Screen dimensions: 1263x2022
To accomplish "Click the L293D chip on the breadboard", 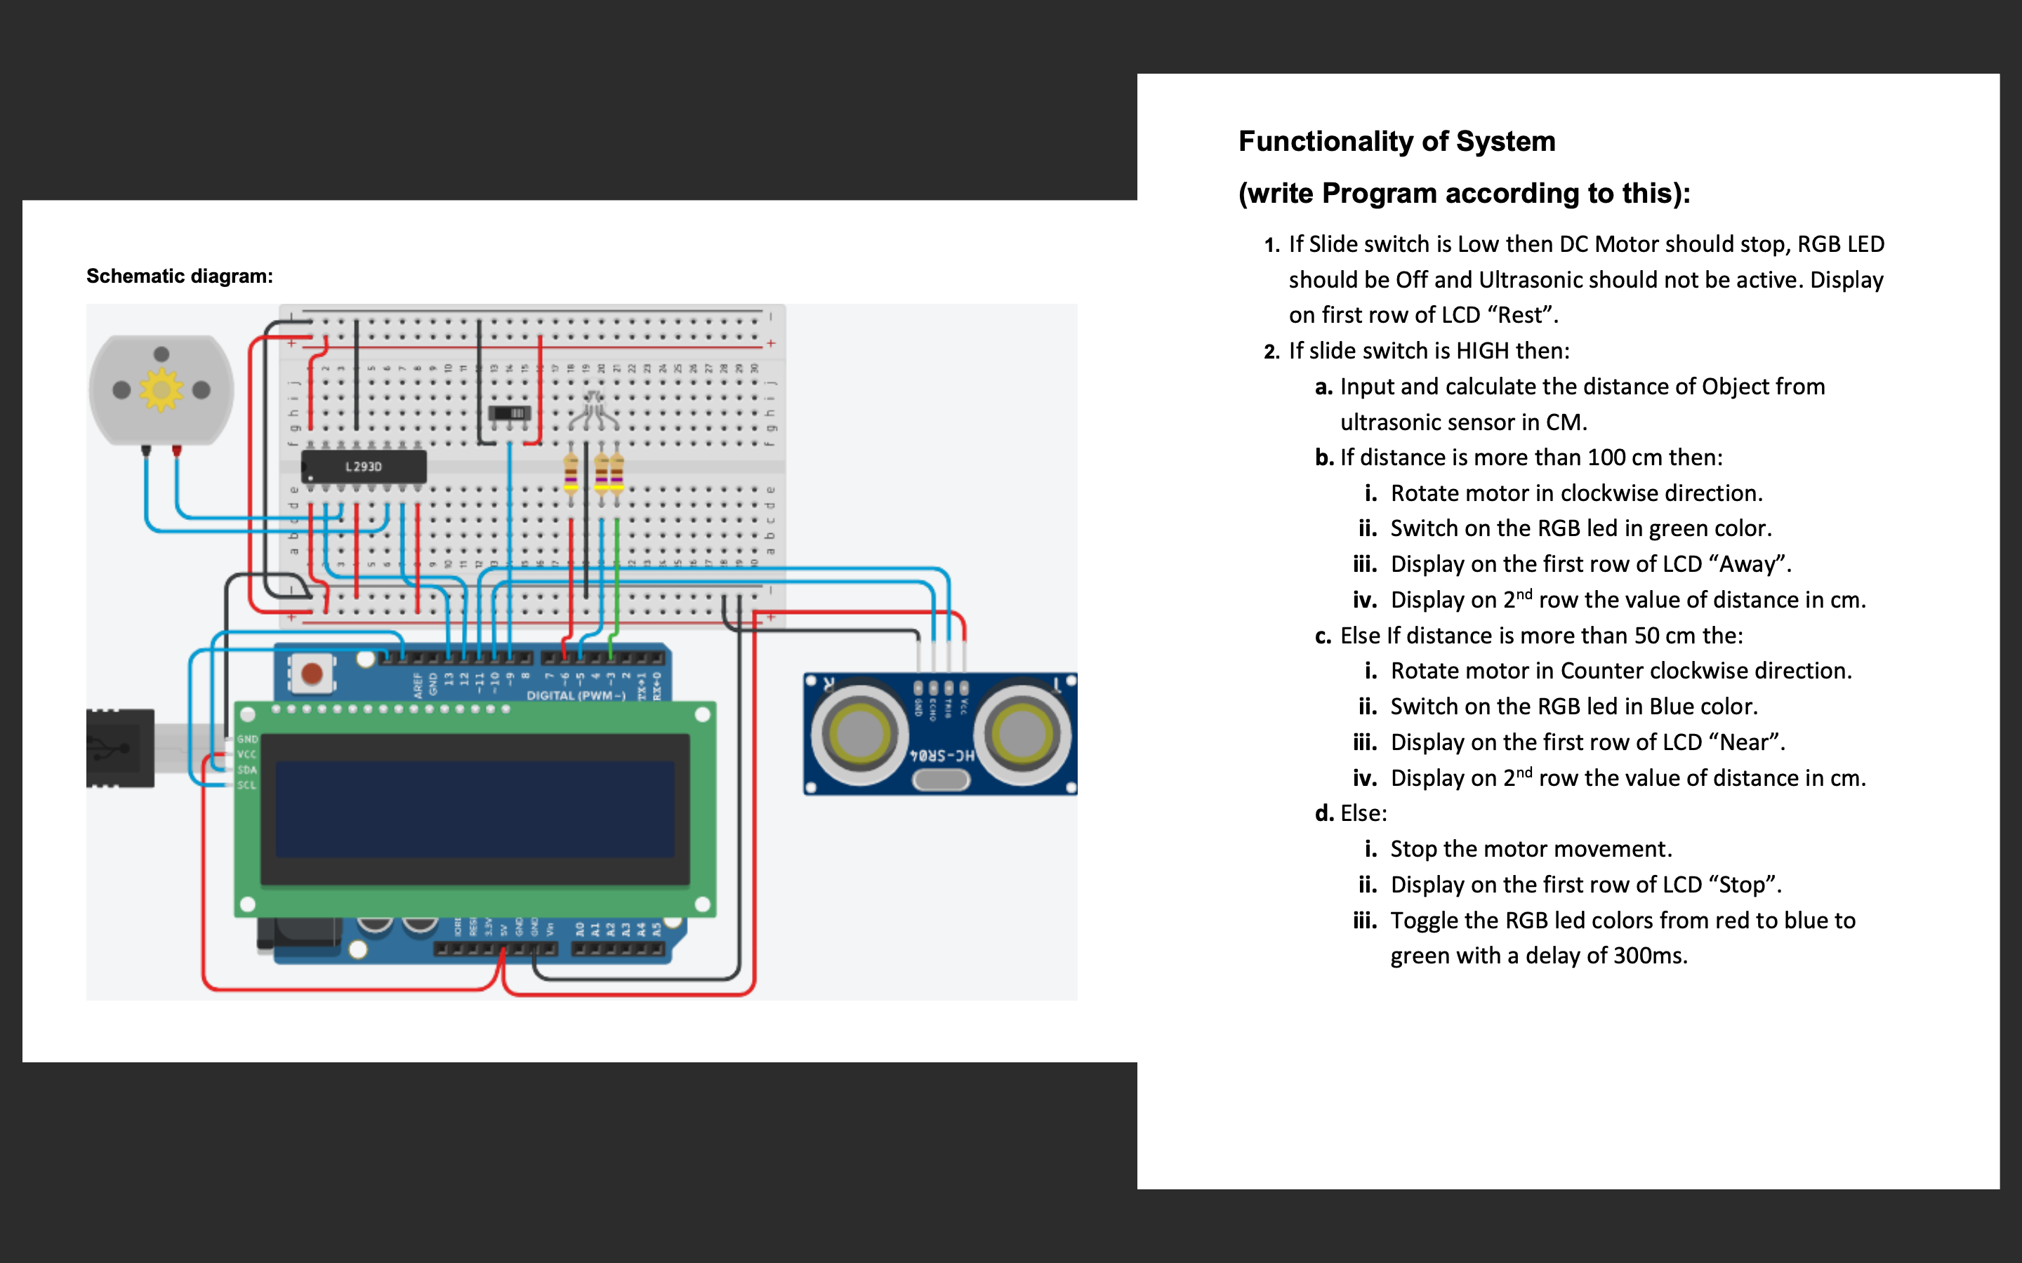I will (364, 466).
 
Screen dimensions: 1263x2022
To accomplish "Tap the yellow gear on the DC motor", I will (161, 389).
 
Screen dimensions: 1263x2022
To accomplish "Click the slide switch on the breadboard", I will (510, 413).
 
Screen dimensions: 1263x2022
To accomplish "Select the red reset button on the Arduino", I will (312, 674).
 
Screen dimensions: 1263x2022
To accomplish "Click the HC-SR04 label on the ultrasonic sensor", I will (942, 755).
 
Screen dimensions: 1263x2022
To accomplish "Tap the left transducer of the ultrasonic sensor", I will (858, 733).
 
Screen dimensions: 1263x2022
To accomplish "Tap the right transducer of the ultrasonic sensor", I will (1021, 733).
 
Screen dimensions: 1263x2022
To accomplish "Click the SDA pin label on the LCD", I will (246, 769).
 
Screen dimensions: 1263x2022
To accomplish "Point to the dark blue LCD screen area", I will (475, 808).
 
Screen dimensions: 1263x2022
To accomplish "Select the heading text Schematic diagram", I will (180, 276).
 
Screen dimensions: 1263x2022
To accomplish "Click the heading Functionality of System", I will (1396, 141).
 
